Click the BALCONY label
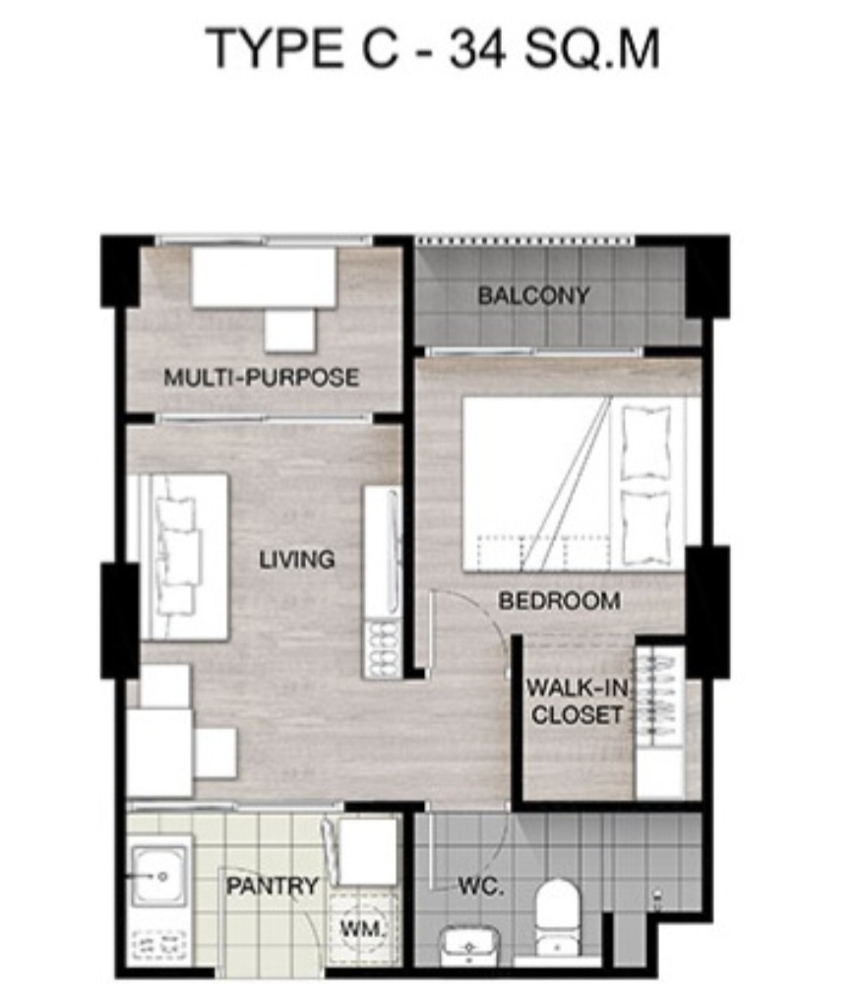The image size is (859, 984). (533, 295)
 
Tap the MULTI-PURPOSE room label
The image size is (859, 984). (261, 377)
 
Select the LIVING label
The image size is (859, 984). (297, 559)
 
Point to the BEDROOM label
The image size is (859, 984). (559, 601)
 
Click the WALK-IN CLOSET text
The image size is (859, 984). (577, 701)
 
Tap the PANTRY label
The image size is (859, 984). (273, 887)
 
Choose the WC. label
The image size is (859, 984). (480, 887)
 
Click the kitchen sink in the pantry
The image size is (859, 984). (159, 877)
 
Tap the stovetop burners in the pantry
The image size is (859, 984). (159, 946)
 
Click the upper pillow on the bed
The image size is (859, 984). (646, 443)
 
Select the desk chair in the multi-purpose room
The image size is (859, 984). (289, 330)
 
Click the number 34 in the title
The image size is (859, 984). (477, 49)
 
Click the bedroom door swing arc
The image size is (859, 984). (489, 621)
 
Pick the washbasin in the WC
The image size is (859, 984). (468, 945)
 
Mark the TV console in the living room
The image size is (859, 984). (383, 582)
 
